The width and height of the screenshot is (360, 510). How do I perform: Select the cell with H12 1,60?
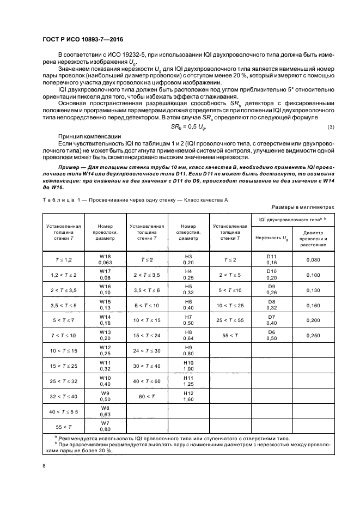(x=189, y=396)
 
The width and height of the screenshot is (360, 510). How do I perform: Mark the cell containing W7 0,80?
(x=105, y=426)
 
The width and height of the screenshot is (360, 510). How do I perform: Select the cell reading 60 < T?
(x=147, y=396)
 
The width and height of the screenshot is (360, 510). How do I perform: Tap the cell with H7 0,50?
(x=189, y=320)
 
